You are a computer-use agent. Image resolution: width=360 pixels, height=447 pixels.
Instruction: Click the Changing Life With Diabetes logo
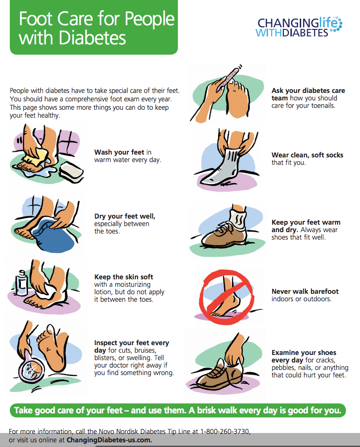299,27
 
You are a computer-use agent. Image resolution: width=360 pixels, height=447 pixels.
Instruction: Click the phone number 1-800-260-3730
228,432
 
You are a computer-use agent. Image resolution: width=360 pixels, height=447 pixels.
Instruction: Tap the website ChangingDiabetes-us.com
109,440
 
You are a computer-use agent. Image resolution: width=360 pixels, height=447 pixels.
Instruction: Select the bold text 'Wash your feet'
120,152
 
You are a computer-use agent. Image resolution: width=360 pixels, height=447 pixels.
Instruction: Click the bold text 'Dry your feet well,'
125,216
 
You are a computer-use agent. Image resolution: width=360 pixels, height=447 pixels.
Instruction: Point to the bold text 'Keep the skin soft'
124,277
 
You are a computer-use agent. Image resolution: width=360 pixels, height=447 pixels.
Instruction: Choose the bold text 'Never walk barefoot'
305,291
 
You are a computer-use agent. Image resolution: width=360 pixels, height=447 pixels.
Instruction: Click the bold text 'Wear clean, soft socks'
307,155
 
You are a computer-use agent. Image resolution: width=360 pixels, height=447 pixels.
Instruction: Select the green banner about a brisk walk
177,411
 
